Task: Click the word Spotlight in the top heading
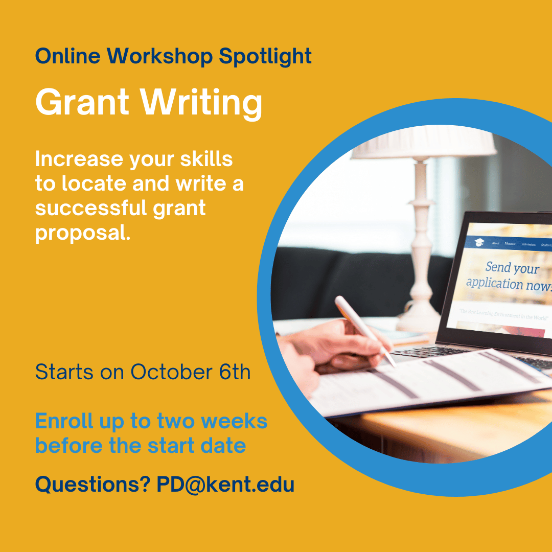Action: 265,57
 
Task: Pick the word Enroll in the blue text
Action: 64,422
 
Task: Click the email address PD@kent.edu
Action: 225,484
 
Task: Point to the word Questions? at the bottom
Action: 93,484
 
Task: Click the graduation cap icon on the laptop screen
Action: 478,242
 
